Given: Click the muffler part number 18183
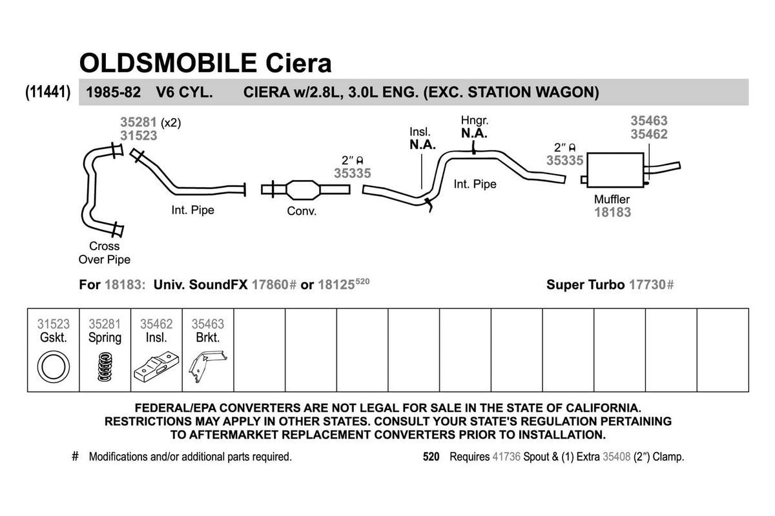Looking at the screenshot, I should [x=612, y=212].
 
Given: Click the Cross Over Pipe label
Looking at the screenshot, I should [x=104, y=253].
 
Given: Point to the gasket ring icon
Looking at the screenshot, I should [x=53, y=367].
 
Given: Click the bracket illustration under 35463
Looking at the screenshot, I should [x=208, y=367].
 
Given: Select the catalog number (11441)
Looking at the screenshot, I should [x=48, y=92].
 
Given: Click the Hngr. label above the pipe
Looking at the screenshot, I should [x=474, y=121].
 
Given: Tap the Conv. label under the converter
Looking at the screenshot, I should [x=302, y=211].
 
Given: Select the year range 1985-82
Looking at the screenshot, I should [x=113, y=92].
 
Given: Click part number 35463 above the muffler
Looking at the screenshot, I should [x=648, y=121].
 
